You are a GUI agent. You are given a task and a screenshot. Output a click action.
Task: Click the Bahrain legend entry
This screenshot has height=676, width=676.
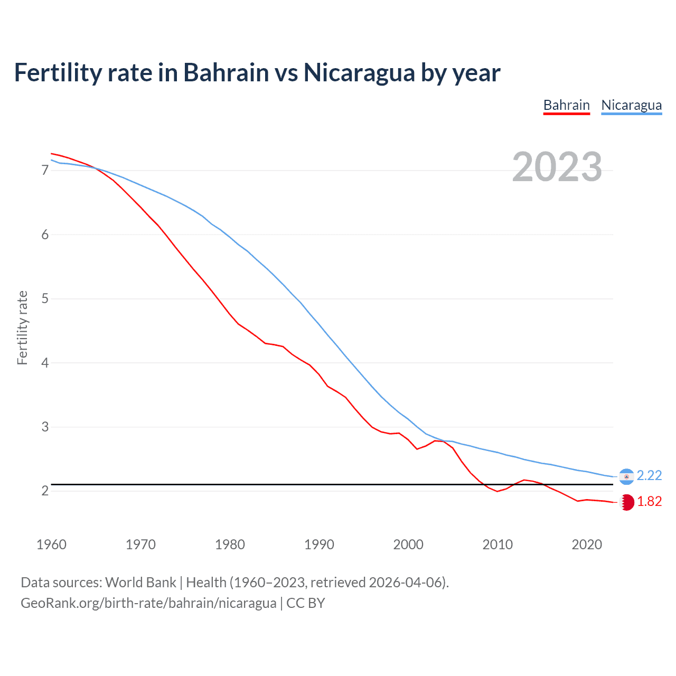(566, 105)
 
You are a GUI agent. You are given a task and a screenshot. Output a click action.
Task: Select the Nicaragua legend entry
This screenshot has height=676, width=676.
(631, 105)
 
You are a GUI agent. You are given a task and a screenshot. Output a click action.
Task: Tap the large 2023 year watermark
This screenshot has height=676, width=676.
(557, 167)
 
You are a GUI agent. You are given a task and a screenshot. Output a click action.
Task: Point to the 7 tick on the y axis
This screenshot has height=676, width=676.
(45, 170)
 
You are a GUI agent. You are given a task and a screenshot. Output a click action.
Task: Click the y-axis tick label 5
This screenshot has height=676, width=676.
(45, 299)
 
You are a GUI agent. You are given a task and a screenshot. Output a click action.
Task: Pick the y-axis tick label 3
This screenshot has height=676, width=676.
(45, 427)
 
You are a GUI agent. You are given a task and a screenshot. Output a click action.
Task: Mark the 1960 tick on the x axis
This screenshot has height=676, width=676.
(51, 544)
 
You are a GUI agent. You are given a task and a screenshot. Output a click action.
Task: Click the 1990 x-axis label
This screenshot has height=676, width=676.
(319, 544)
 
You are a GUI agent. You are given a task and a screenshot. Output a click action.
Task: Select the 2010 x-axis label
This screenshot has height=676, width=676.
(497, 544)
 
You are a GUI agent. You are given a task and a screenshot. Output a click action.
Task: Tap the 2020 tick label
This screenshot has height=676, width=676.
(587, 544)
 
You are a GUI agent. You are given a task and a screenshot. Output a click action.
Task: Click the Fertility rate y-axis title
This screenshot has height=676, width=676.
(22, 327)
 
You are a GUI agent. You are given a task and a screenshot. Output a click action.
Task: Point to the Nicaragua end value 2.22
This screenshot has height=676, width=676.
(649, 476)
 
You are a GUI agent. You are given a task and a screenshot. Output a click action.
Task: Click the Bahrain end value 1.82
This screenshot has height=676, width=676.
(649, 502)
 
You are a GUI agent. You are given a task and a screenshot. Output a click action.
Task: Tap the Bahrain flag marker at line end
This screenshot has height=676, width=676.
(626, 502)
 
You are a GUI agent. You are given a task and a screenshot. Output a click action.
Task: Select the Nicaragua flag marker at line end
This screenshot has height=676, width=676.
(626, 476)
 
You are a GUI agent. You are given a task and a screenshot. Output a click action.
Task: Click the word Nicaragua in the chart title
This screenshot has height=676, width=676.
(359, 72)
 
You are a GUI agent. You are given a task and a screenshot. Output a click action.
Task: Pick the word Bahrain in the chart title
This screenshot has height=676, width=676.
(226, 72)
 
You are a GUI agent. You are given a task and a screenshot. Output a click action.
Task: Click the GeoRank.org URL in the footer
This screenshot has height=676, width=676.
(148, 603)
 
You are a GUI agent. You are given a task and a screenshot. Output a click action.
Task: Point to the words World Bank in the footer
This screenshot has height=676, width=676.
(140, 583)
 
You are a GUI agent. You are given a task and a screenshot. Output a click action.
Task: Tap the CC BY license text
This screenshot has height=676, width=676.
(306, 603)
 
